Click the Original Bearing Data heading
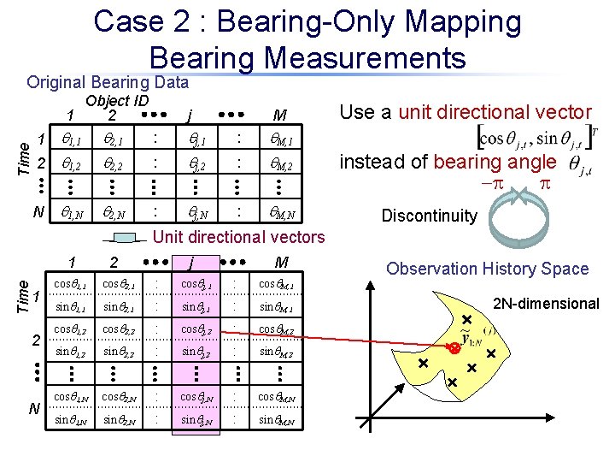pyautogui.click(x=108, y=82)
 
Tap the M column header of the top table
pyautogui.click(x=279, y=115)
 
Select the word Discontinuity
pyautogui.click(x=429, y=216)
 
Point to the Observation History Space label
pyautogui.click(x=487, y=269)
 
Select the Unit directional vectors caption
pyautogui.click(x=239, y=237)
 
